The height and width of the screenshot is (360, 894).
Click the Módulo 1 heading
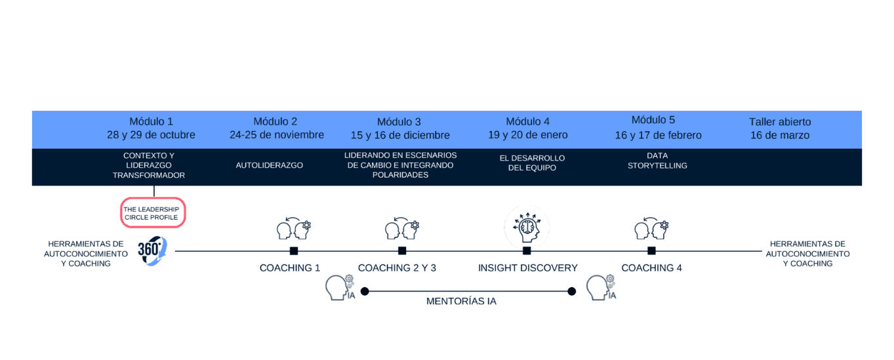tap(151, 121)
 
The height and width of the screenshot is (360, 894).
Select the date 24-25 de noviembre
tap(277, 135)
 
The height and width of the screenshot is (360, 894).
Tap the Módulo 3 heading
tap(399, 122)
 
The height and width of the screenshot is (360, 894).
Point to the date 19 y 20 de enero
tap(527, 135)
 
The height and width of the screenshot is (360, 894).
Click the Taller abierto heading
tap(780, 122)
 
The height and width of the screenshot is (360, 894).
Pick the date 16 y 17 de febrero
tap(658, 135)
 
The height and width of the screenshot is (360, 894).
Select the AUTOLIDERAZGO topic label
tap(270, 165)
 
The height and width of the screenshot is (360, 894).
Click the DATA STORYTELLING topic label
tap(657, 161)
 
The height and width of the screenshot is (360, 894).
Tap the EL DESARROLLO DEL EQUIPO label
tap(532, 163)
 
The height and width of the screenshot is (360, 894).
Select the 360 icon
tap(152, 250)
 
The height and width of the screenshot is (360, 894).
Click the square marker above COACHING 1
tap(294, 251)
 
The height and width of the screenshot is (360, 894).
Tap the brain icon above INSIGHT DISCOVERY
tap(527, 228)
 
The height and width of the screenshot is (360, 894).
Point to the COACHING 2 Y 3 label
tap(397, 268)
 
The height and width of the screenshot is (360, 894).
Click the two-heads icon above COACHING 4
tap(651, 228)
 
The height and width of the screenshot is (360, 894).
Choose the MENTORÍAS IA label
tap(461, 302)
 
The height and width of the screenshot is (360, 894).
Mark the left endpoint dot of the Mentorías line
tap(365, 291)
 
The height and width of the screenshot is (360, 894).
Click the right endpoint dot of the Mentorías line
tap(571, 291)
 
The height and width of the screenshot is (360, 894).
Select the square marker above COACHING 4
tap(651, 251)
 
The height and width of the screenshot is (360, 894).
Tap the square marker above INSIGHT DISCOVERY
tap(527, 251)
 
